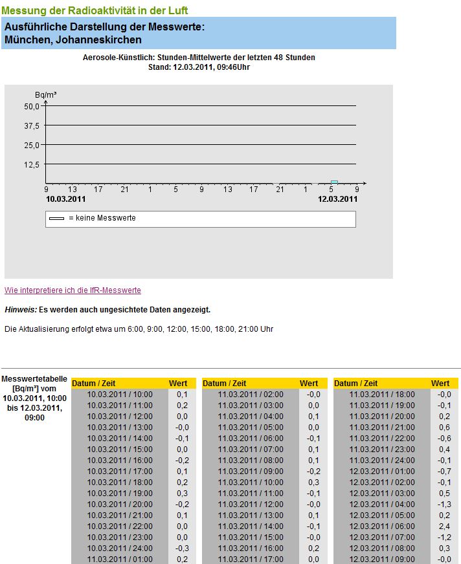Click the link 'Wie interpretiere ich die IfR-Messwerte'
(73, 290)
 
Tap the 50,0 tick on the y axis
(32, 106)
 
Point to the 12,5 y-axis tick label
(32, 164)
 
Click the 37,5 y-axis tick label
(32, 125)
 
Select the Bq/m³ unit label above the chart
(45, 95)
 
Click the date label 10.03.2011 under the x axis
(65, 199)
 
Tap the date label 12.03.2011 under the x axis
(337, 199)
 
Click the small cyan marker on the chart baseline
(334, 182)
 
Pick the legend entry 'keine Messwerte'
(102, 219)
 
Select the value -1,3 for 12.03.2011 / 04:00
(444, 504)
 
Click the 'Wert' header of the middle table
(309, 384)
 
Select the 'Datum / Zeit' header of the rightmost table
(355, 384)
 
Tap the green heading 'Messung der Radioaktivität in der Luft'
(95, 11)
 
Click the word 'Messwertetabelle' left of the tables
(34, 379)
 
